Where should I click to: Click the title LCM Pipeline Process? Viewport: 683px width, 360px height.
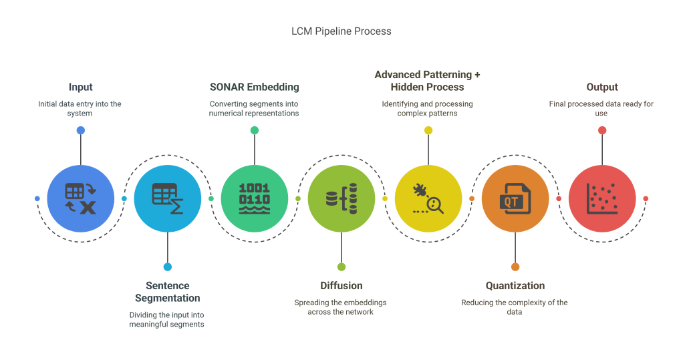(x=341, y=31)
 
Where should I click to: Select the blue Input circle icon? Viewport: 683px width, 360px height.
(x=80, y=198)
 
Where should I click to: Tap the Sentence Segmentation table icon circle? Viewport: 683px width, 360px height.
(x=168, y=198)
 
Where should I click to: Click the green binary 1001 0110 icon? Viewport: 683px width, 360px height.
(x=255, y=198)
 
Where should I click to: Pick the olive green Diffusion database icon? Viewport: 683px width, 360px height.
(x=341, y=198)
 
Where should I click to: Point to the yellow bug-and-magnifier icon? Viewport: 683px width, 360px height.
(x=428, y=198)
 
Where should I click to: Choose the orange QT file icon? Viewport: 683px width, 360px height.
(x=515, y=198)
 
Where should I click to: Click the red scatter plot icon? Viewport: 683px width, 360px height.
(x=602, y=198)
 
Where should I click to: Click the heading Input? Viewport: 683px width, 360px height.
(x=80, y=87)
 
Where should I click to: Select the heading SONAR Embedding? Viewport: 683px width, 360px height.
(x=255, y=87)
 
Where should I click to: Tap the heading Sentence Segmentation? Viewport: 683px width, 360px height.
(x=168, y=292)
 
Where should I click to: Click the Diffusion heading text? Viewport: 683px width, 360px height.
(x=341, y=286)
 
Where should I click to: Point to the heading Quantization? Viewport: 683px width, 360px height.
(x=515, y=286)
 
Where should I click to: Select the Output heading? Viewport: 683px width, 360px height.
(x=602, y=87)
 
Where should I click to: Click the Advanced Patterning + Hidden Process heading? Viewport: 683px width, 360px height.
(x=428, y=81)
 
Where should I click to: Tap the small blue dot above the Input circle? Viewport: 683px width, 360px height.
(x=80, y=130)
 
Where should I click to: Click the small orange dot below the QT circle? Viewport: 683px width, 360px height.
(x=515, y=266)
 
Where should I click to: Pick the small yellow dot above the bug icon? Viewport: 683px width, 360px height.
(x=428, y=130)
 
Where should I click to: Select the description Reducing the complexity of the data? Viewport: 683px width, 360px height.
(x=515, y=307)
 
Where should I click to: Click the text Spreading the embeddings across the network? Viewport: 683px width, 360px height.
(x=341, y=307)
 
